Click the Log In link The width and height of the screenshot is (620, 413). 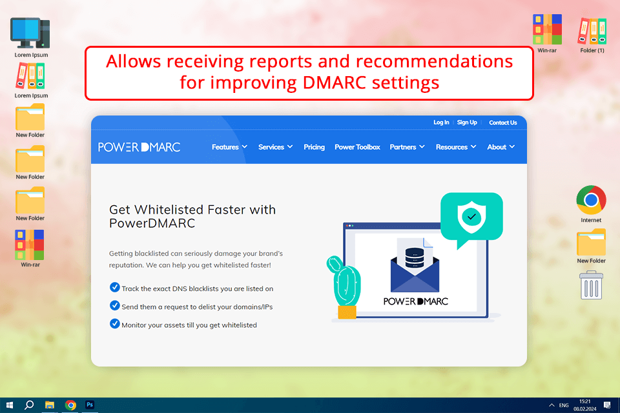441,123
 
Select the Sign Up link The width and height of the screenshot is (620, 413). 467,123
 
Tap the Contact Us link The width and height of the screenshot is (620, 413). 503,123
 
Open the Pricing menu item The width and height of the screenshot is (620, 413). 315,147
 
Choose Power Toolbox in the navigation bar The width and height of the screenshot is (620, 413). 357,147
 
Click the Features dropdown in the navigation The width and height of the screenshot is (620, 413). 229,147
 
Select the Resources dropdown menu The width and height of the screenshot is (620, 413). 456,147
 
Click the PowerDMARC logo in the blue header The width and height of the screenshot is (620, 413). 139,147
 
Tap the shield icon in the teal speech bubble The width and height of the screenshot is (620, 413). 471,217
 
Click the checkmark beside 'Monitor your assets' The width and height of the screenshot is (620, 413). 115,324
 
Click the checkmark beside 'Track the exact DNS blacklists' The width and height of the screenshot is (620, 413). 115,288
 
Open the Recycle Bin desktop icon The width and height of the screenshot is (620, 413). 592,285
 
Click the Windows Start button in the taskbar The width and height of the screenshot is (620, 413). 9,405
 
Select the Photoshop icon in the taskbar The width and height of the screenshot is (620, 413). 91,405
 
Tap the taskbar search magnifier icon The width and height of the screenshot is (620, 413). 29,405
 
